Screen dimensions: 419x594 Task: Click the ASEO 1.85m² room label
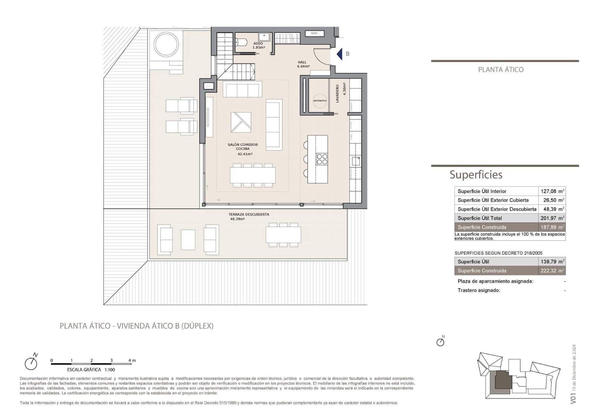tap(258, 46)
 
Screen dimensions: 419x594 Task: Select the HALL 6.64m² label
tap(303, 65)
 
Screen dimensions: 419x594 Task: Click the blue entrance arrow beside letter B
tap(339, 54)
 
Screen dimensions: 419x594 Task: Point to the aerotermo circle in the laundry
tap(320, 100)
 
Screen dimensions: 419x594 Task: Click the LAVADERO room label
tap(337, 94)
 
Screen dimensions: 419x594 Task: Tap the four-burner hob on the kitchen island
tap(322, 159)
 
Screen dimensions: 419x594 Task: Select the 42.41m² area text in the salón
tap(245, 154)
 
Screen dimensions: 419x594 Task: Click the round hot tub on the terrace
tap(166, 44)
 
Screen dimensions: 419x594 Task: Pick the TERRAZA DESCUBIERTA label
tap(248, 214)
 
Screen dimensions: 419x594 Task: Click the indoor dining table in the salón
tap(252, 175)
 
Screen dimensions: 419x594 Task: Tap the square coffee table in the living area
tap(241, 122)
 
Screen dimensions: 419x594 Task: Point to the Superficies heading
tap(476, 175)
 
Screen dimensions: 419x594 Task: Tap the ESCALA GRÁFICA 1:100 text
tap(91, 370)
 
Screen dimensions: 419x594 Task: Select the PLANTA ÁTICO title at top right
tap(500, 70)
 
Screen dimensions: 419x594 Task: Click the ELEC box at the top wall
tap(314, 33)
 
